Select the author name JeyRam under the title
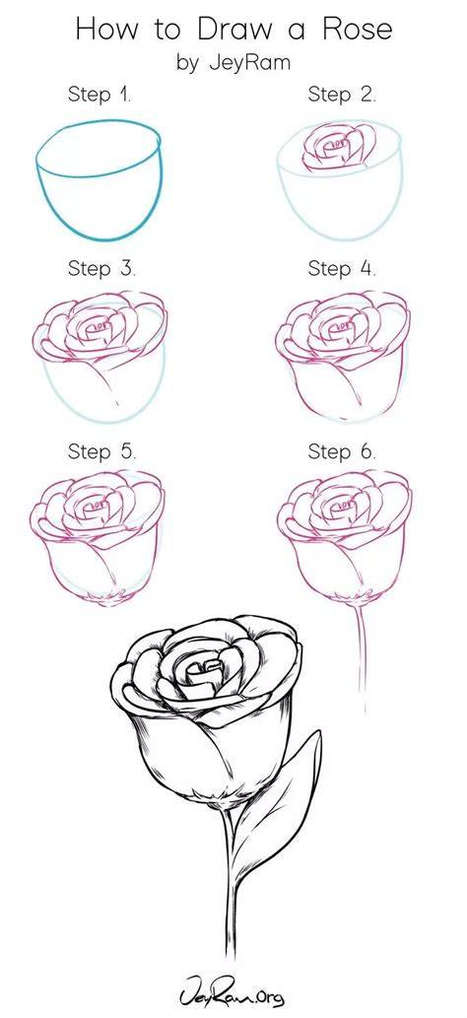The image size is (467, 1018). tap(248, 64)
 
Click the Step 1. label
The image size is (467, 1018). tap(100, 96)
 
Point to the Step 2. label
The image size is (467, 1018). tap(342, 96)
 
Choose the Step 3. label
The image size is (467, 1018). tap(102, 269)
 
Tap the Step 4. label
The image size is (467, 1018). tap(342, 269)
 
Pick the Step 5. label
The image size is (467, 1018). tap(102, 451)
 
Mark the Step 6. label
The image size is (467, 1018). tap(342, 451)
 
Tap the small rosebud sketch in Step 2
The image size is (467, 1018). tap(338, 149)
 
